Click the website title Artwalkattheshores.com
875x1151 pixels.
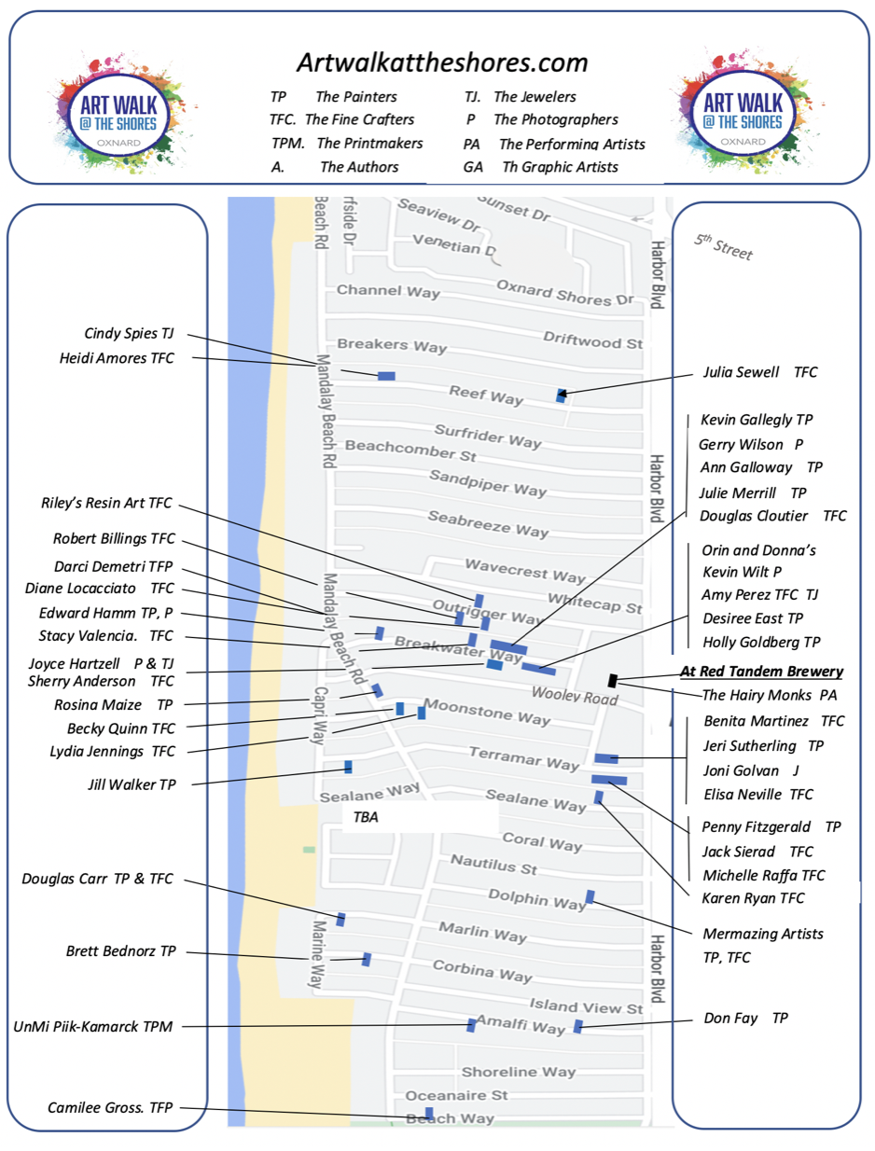[x=442, y=62]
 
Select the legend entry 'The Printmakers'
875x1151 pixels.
[x=368, y=144]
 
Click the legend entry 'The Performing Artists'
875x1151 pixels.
[x=571, y=145]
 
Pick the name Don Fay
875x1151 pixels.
[x=730, y=1018]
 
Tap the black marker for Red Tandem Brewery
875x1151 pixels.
[x=612, y=680]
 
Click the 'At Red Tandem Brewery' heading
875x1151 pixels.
[x=761, y=671]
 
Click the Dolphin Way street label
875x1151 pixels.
[x=536, y=897]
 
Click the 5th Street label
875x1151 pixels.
[x=723, y=247]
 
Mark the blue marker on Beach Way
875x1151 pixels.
[x=429, y=1113]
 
